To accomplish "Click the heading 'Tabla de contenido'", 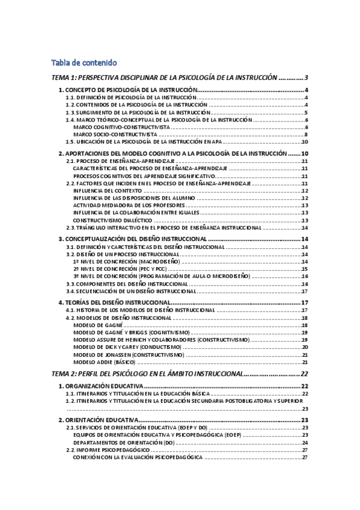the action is click(x=84, y=63).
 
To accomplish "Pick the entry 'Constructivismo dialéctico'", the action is click(x=112, y=220).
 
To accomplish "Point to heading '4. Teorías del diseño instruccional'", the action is click(x=115, y=303).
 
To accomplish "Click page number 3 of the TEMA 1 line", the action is click(x=307, y=78).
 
